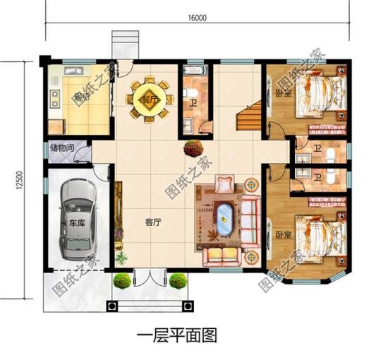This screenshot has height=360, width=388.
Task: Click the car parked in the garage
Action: pos(75,218)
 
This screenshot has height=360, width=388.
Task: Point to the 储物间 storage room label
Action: pos(61,149)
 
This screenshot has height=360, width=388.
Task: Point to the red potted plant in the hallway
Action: pos(191,148)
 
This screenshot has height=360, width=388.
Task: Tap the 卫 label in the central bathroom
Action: pos(193,100)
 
